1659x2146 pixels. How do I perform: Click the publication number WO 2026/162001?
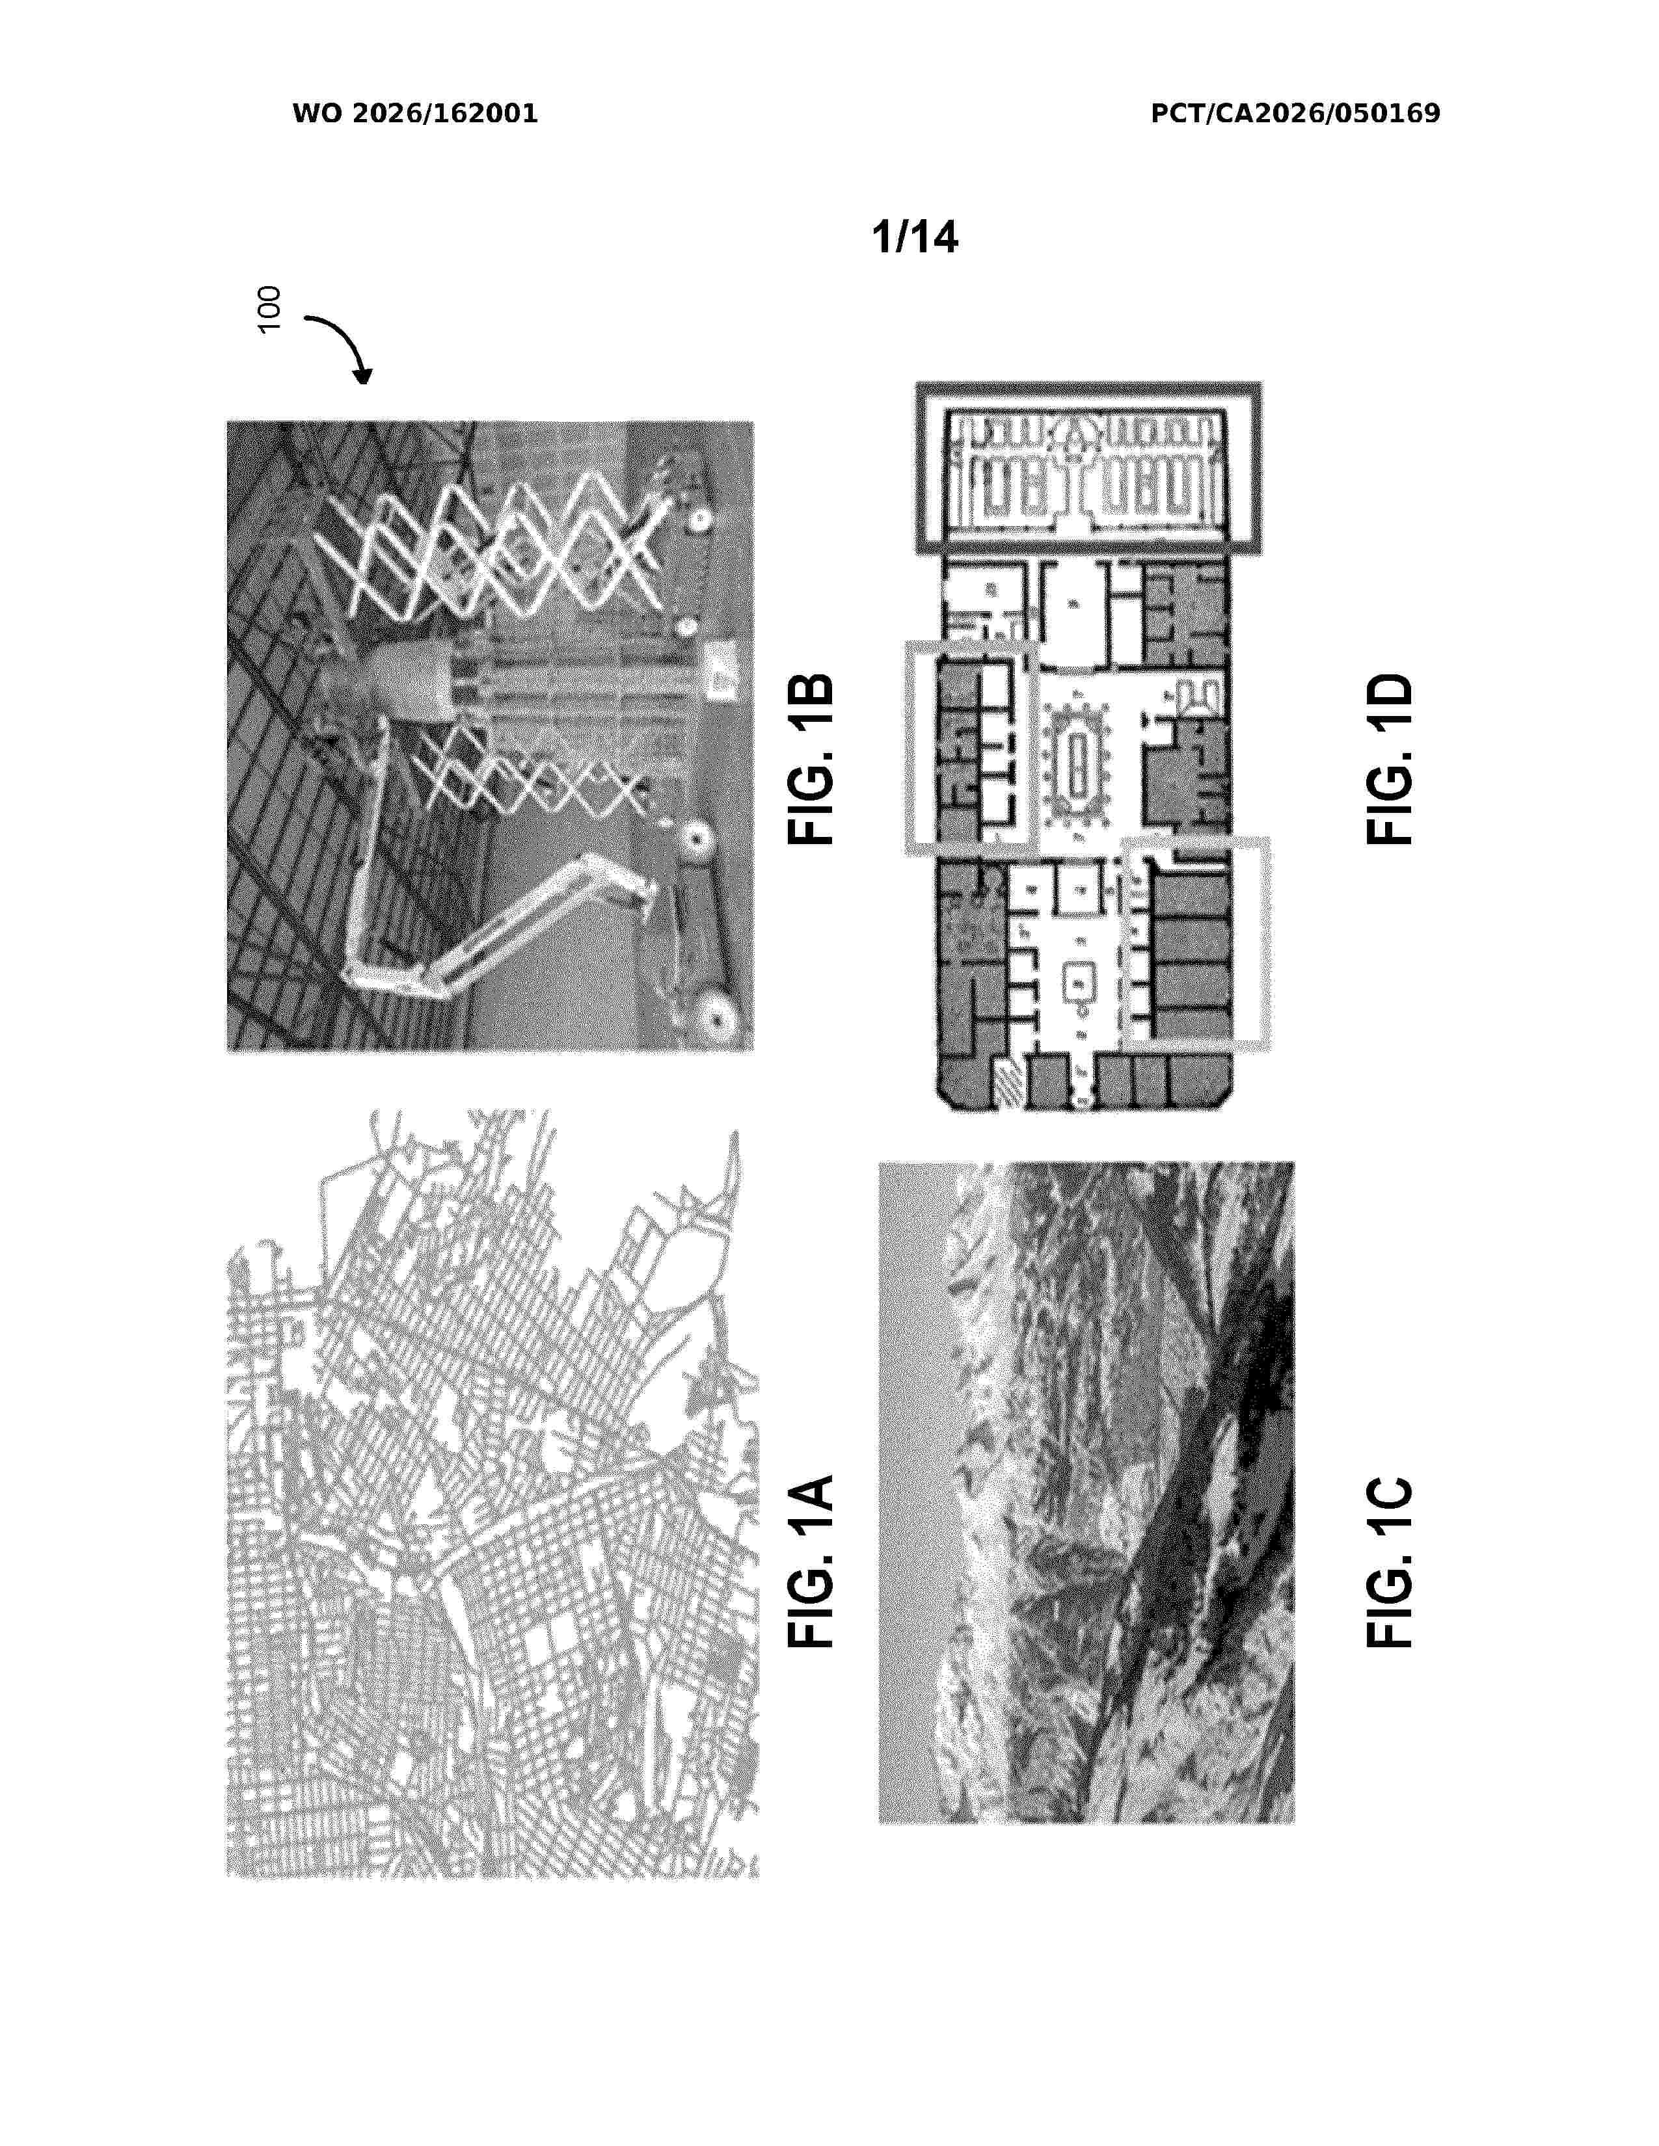coord(415,114)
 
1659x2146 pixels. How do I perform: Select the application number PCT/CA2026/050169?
coord(1295,114)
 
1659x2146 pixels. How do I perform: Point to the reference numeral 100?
coord(268,310)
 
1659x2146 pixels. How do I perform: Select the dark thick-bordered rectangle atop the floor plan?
coord(1089,468)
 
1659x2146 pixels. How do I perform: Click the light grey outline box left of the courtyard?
coord(971,747)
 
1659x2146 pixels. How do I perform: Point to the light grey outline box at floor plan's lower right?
coord(1197,944)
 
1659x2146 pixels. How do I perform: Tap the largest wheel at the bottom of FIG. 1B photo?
coord(716,1019)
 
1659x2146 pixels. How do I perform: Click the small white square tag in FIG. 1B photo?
coord(722,672)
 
